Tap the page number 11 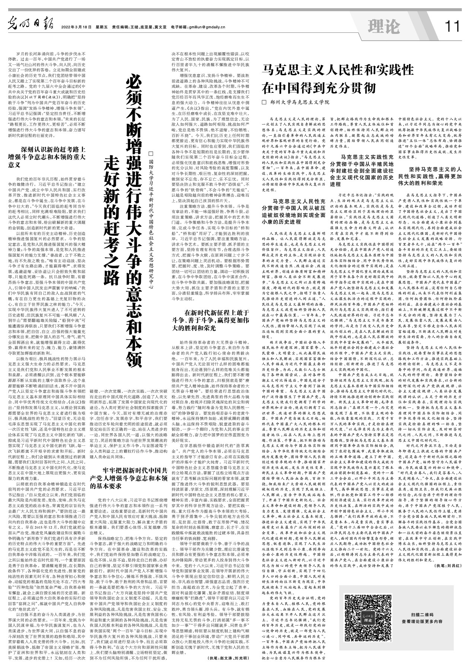(451, 26)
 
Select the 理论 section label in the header (383, 26)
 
